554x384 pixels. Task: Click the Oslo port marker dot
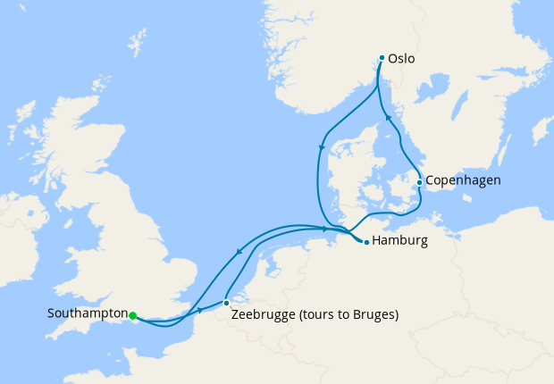382,58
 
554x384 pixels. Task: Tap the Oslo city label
402,59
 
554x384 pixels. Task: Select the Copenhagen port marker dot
419,182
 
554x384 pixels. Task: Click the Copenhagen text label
463,180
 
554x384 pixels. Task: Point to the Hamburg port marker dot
366,241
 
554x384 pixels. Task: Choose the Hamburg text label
400,241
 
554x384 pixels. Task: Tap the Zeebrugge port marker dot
226,303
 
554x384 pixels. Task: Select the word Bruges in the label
373,315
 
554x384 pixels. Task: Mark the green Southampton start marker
132,315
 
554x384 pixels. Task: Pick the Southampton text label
87,314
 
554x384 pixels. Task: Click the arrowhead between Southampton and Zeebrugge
198,311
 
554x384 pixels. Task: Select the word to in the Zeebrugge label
344,315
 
